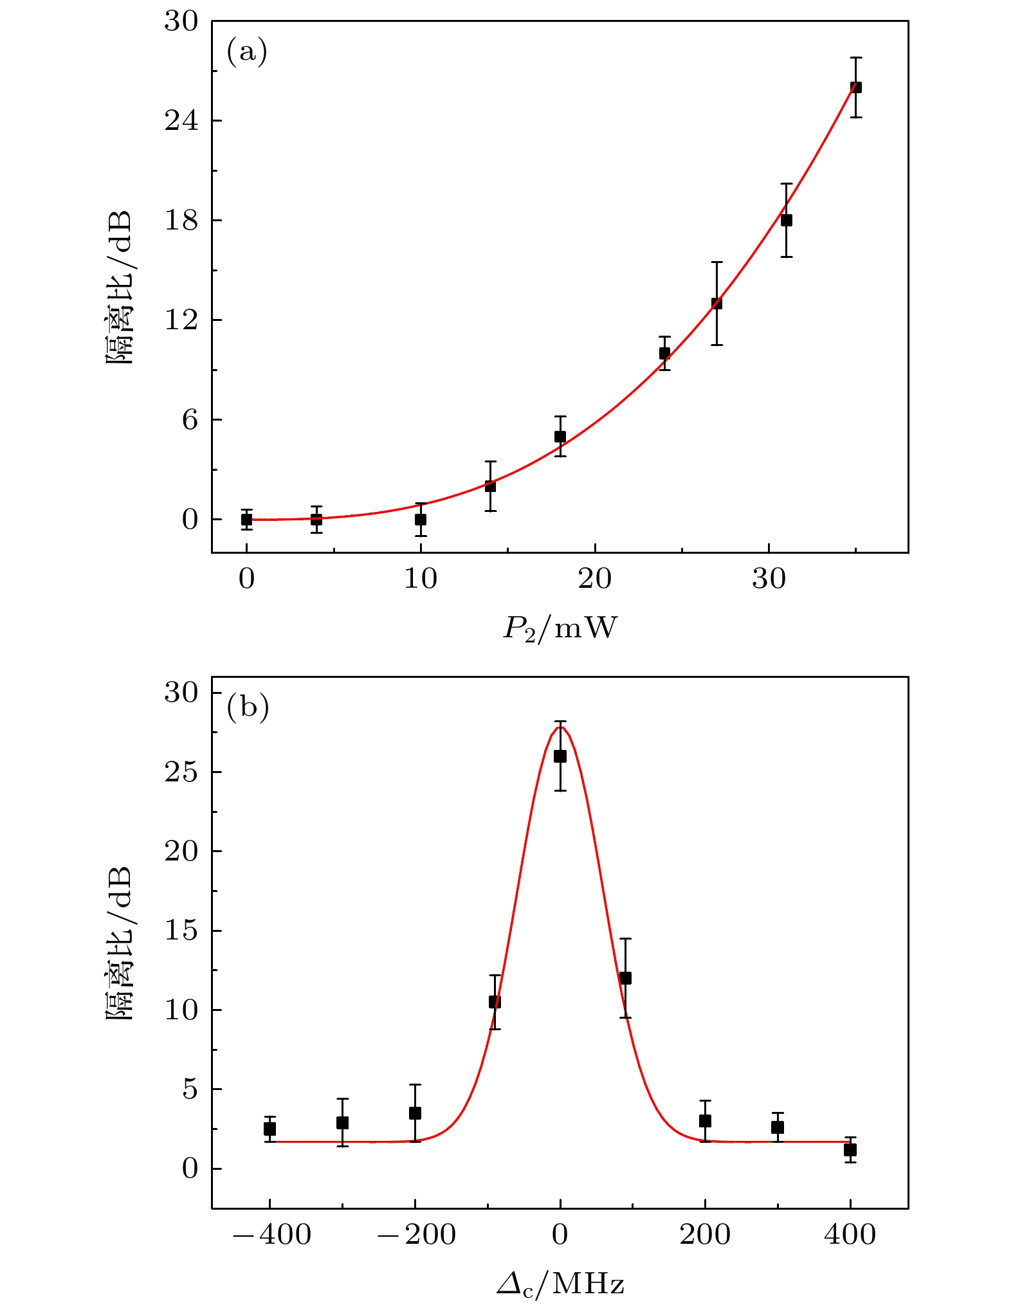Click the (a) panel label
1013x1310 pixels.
[x=246, y=51]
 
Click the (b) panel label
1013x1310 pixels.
[x=248, y=707]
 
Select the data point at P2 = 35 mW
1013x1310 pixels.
[x=855, y=87]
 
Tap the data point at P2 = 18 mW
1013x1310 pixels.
[x=560, y=437]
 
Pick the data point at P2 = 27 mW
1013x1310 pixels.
[x=716, y=304]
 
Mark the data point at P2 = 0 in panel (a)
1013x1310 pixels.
[x=246, y=519]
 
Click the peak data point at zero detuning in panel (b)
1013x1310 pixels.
[x=560, y=756]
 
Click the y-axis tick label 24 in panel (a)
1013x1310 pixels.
[x=181, y=121]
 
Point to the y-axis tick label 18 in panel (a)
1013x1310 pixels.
[x=181, y=221]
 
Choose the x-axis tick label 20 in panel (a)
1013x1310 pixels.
[x=594, y=579]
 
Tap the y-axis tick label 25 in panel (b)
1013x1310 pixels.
[x=181, y=772]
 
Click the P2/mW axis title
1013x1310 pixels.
[x=560, y=628]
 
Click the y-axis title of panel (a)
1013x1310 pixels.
[x=119, y=287]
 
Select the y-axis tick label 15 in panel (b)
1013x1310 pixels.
[x=181, y=931]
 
